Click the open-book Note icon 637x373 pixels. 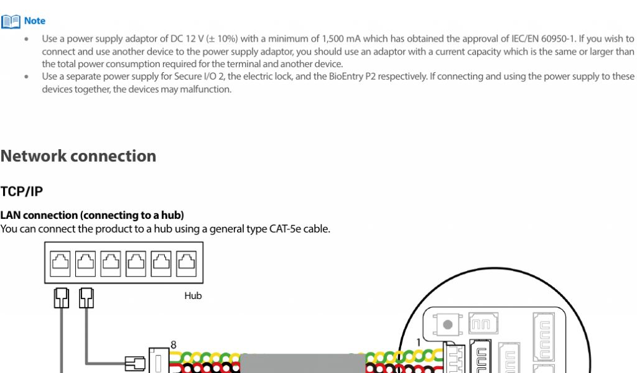click(x=11, y=21)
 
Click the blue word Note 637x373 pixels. click(x=35, y=21)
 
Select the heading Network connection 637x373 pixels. click(x=78, y=156)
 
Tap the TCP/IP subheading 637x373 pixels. click(x=22, y=191)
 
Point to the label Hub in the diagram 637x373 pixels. click(x=193, y=296)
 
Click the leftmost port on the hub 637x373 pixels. click(x=60, y=263)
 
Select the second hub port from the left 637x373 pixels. click(x=85, y=263)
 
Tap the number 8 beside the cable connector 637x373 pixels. click(x=174, y=344)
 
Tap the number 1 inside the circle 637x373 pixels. click(x=418, y=342)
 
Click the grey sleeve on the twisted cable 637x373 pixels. click(x=302, y=363)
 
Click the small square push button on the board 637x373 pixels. click(x=447, y=325)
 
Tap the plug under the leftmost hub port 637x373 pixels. click(x=61, y=298)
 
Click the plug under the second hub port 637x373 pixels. click(x=86, y=298)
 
